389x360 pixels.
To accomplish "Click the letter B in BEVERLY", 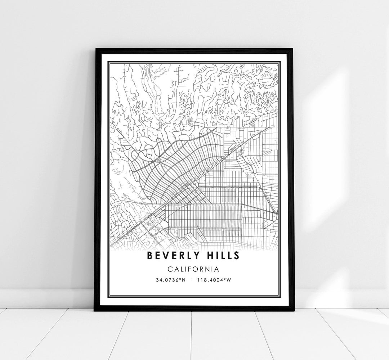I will [149, 256].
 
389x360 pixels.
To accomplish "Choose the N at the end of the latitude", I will [184, 280].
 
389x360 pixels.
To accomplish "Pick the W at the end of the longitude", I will [228, 280].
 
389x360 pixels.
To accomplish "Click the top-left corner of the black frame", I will [95, 48].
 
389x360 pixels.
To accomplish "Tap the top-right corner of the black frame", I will [294, 48].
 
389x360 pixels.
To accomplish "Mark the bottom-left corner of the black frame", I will [95, 310].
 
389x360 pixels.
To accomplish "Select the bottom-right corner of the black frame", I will [294, 310].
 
